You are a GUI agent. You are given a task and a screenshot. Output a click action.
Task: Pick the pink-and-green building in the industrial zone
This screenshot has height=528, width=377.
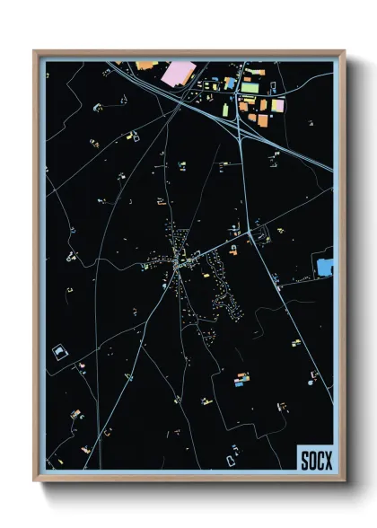[276, 106]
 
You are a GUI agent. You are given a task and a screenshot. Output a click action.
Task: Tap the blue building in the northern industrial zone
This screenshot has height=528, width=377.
[230, 84]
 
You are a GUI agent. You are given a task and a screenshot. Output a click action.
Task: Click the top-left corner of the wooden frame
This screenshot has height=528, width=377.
[35, 52]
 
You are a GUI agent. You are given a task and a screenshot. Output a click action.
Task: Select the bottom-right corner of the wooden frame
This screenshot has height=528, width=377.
[345, 482]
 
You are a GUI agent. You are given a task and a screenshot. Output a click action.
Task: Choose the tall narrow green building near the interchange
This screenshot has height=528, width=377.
[226, 110]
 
